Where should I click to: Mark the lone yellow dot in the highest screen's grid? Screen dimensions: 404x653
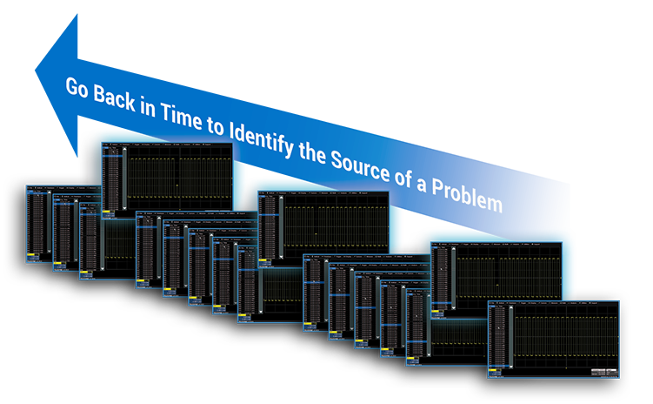(177, 185)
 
